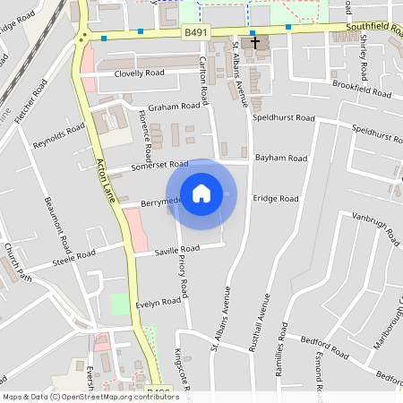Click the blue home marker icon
201,193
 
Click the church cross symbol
255,42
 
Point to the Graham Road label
174,106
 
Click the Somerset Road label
159,164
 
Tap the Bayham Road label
280,158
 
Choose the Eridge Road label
275,198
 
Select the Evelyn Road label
159,304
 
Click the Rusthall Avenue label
256,332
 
